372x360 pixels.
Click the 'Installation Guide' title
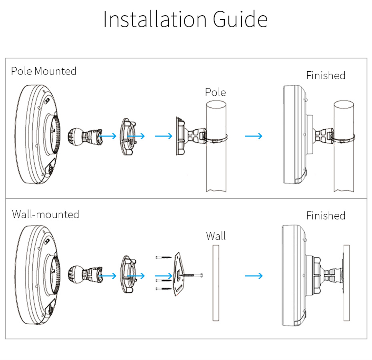pos(185,20)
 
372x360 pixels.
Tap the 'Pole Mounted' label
pos(44,71)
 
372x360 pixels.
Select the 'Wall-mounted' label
pos(46,214)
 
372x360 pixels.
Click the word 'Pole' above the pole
pos(215,93)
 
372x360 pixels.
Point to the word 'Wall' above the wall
pos(216,236)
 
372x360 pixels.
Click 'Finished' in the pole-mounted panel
pos(326,75)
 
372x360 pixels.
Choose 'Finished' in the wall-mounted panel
pos(326,216)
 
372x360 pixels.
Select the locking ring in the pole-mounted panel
pos(128,137)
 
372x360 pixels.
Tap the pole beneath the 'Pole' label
pos(216,168)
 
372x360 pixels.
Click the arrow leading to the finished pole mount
pos(254,136)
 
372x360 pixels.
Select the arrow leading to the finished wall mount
pos(254,276)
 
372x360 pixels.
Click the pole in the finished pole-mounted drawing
pos(344,168)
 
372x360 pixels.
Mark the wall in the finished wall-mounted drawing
pos(346,283)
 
